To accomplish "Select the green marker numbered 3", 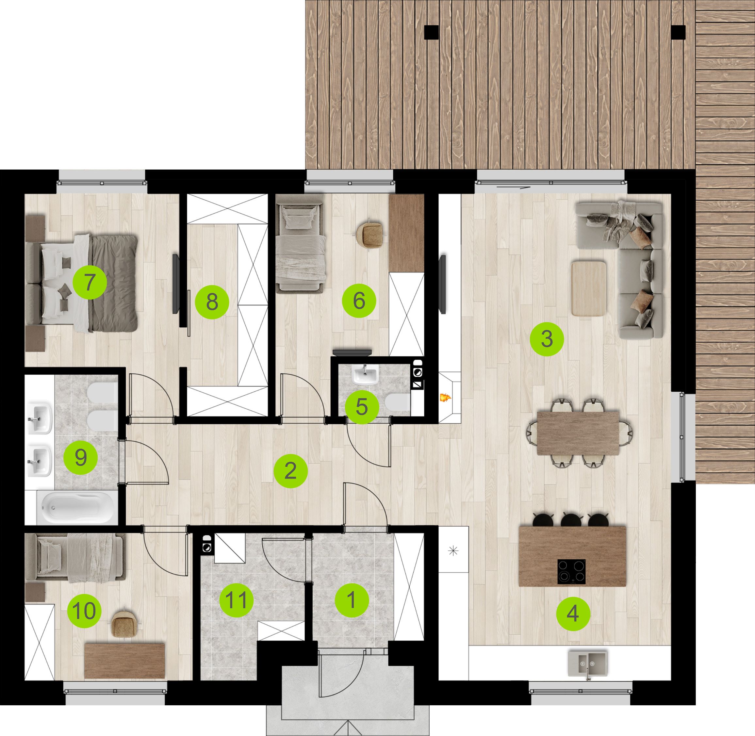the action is coord(547,339).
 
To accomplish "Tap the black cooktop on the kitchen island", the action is coord(571,572).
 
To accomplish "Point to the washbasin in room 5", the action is coord(365,375).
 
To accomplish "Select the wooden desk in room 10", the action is coord(124,661).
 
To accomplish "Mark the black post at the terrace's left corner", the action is coord(432,32).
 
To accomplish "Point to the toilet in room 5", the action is coord(398,402).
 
